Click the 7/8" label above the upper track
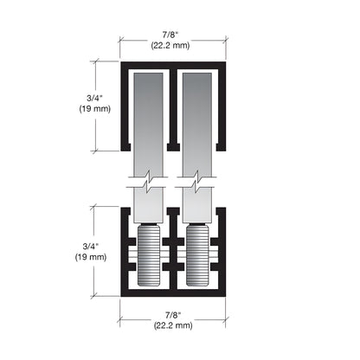(172, 34)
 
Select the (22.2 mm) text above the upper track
(172, 45)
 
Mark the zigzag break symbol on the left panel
(148, 184)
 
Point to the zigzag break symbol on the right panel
(197, 184)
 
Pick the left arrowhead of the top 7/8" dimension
(122, 39)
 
